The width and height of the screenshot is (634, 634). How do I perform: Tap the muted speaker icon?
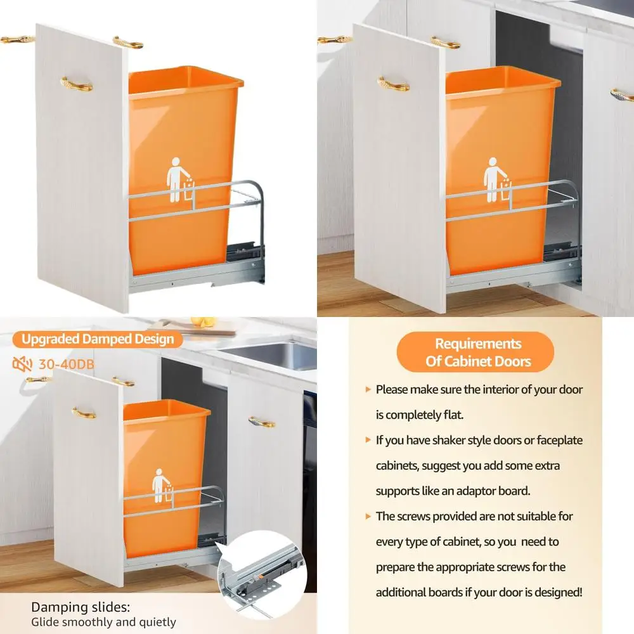(20, 364)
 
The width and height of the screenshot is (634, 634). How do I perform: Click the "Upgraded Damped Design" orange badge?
(98, 339)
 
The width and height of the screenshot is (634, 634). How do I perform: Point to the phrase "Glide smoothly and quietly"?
(103, 622)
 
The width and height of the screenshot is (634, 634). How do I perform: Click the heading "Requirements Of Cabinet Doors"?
(477, 353)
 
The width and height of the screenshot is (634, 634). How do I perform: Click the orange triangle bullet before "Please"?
(368, 389)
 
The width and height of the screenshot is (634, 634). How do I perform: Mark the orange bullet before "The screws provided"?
(368, 516)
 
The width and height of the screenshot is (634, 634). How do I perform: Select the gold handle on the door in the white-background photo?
(76, 84)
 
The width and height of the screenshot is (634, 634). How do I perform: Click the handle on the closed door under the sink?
(262, 421)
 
